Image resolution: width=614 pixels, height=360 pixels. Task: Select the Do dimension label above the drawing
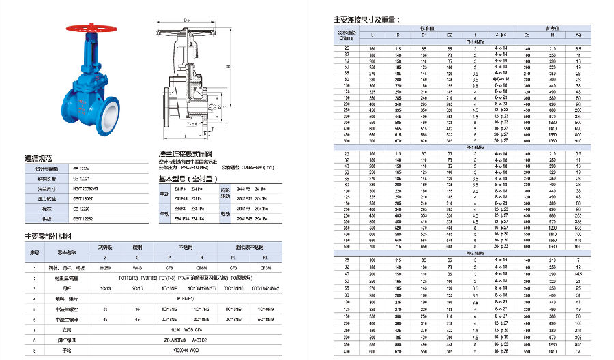click(186, 20)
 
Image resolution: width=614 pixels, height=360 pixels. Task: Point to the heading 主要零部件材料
click(48, 236)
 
